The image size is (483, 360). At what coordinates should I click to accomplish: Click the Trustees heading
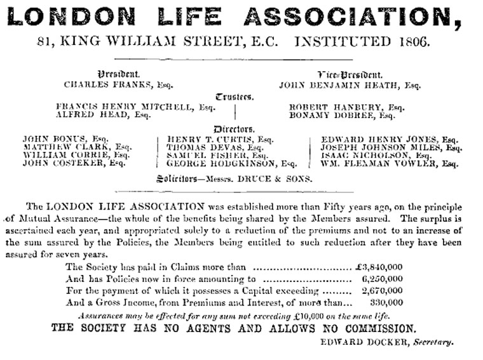(x=235, y=97)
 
